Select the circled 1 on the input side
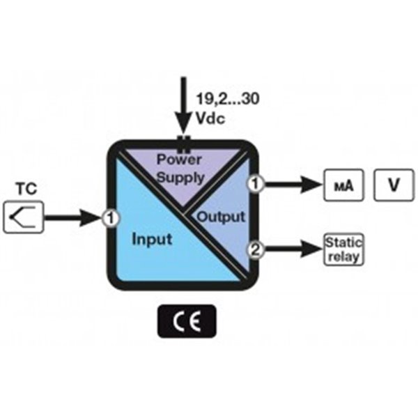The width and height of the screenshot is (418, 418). pyautogui.click(x=109, y=218)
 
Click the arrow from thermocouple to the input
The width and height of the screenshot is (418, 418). pyautogui.click(x=73, y=218)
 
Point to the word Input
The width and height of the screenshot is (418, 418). pyautogui.click(x=152, y=240)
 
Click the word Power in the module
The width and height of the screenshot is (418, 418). pyautogui.click(x=178, y=158)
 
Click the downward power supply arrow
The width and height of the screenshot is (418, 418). pyautogui.click(x=184, y=104)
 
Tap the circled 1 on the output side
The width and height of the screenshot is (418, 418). pyautogui.click(x=256, y=185)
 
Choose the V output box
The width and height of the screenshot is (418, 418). pyautogui.click(x=393, y=185)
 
